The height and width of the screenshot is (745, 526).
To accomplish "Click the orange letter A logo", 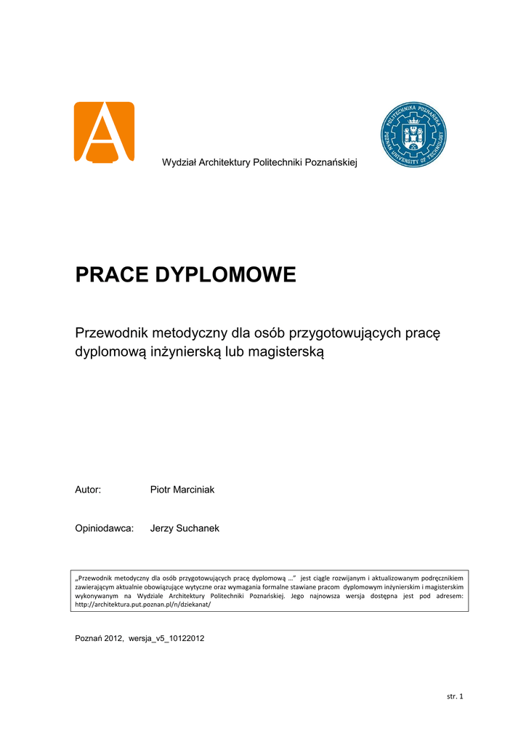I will pos(104,132).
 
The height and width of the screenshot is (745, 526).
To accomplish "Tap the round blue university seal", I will pos(413,135).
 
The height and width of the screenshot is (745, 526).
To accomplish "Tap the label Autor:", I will pos(88,490).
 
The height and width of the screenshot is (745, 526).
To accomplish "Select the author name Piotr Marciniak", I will pos(182,490).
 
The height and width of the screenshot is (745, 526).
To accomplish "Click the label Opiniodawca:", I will pos(105,528).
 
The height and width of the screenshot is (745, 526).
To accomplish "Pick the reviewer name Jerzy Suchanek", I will pos(185,528).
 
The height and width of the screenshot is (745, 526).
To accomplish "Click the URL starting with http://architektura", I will pos(142,604).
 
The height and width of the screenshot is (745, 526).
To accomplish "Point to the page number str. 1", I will pos(455,696).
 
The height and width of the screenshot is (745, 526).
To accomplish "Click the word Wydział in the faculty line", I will pos(178,162).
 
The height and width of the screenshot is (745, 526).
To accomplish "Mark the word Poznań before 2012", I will pos(89,638).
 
